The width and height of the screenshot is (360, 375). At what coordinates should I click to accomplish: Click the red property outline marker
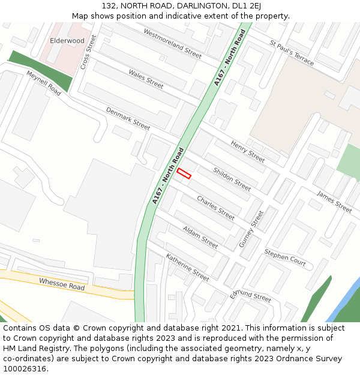tap(184, 173)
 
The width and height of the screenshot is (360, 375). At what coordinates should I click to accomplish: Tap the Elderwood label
tap(67, 40)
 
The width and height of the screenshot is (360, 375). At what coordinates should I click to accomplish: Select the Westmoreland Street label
tap(172, 43)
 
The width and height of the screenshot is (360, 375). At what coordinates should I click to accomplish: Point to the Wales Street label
tap(146, 79)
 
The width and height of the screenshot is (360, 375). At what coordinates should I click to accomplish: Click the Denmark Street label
tap(128, 118)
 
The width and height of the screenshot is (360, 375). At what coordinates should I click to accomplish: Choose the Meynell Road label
tap(44, 83)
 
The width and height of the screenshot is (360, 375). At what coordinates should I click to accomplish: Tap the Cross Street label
tap(88, 52)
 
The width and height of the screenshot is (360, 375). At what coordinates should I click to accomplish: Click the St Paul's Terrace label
tap(292, 53)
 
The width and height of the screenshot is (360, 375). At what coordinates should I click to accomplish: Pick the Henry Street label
tap(248, 152)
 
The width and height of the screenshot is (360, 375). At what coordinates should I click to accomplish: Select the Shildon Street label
tap(232, 179)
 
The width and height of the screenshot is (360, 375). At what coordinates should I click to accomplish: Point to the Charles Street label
tap(216, 208)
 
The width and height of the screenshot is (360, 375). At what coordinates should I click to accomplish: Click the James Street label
tap(334, 202)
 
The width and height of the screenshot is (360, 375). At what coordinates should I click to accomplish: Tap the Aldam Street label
tap(200, 237)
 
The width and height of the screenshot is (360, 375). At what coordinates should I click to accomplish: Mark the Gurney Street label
tap(251, 229)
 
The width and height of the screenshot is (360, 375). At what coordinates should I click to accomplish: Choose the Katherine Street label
tap(188, 268)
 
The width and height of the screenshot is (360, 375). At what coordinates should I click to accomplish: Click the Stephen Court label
tap(285, 258)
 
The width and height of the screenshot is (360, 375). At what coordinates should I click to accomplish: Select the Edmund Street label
tap(251, 295)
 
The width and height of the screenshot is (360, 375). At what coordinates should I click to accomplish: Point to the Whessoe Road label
tap(62, 284)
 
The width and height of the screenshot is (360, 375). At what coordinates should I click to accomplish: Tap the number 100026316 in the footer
tap(24, 368)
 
